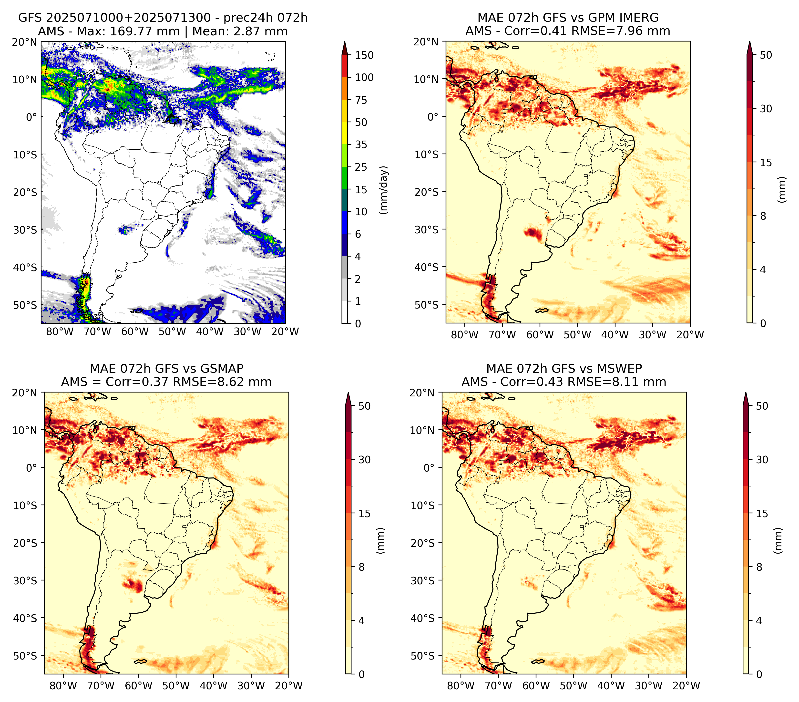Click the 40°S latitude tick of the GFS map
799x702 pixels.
[x=25, y=268]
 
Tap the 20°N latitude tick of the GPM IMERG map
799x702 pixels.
[x=427, y=42]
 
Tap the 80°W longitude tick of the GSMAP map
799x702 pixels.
[x=64, y=686]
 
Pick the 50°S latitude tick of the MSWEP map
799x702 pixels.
[x=423, y=656]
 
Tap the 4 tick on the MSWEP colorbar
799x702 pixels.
[x=759, y=621]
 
